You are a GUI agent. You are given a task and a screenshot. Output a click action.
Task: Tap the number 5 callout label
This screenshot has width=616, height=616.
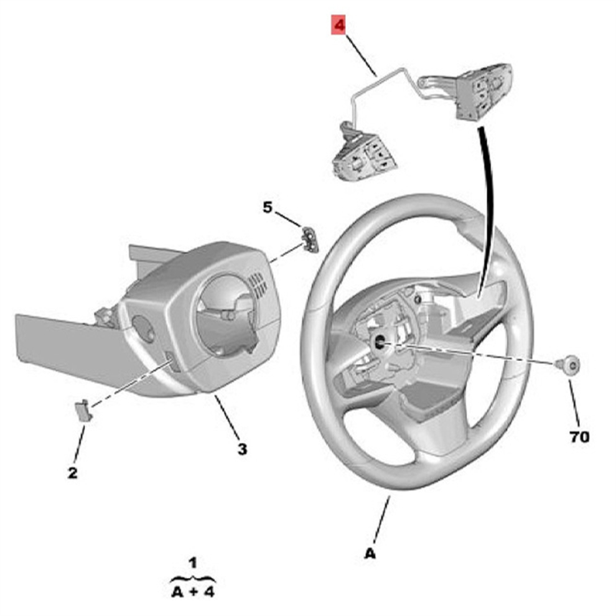tap(267, 207)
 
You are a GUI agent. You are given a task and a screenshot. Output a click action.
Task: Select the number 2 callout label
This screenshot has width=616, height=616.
tap(73, 473)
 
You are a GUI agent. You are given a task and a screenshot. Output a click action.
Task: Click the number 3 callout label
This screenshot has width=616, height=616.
tap(242, 448)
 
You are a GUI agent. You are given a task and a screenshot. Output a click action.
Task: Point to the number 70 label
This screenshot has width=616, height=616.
tap(579, 437)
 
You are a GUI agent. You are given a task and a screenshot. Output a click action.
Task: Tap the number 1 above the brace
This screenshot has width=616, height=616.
tap(193, 563)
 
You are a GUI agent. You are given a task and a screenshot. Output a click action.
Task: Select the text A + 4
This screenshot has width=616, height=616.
tap(192, 591)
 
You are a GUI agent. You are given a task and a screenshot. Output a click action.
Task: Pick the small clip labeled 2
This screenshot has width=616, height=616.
tap(82, 411)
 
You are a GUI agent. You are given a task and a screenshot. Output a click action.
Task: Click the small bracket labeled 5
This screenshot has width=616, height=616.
tap(310, 239)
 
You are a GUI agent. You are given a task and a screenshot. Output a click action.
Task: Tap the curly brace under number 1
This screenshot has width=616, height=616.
tap(193, 578)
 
